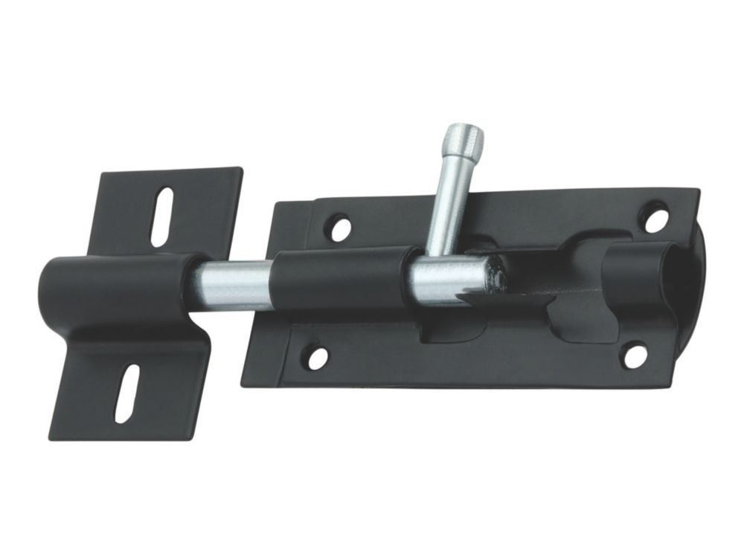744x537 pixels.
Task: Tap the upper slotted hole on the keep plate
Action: [x=161, y=216]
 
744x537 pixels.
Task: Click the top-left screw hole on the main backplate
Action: [x=339, y=227]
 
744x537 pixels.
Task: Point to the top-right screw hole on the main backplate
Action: [x=656, y=218]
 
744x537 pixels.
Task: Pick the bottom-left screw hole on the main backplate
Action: [x=317, y=358]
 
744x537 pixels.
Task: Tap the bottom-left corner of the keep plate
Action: [x=50, y=437]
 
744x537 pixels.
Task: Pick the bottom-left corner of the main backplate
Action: [x=242, y=382]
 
